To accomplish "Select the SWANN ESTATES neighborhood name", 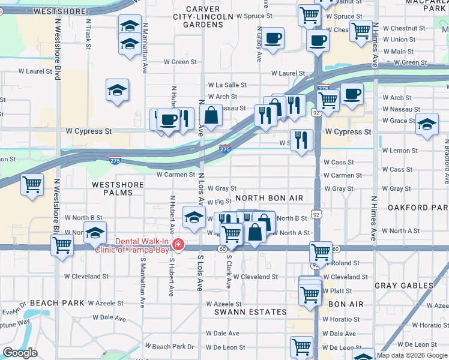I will click(251, 312).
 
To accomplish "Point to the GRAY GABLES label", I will click(400, 286).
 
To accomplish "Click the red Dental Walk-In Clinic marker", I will click(178, 244).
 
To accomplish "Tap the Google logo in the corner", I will click(20, 353).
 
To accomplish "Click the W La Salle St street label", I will click(227, 85).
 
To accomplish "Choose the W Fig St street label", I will click(219, 203).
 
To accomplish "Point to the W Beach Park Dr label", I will click(173, 347).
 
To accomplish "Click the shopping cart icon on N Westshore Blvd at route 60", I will click(62, 244).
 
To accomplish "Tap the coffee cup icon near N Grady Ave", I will click(273, 38).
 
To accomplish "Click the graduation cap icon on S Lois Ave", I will click(194, 217).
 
